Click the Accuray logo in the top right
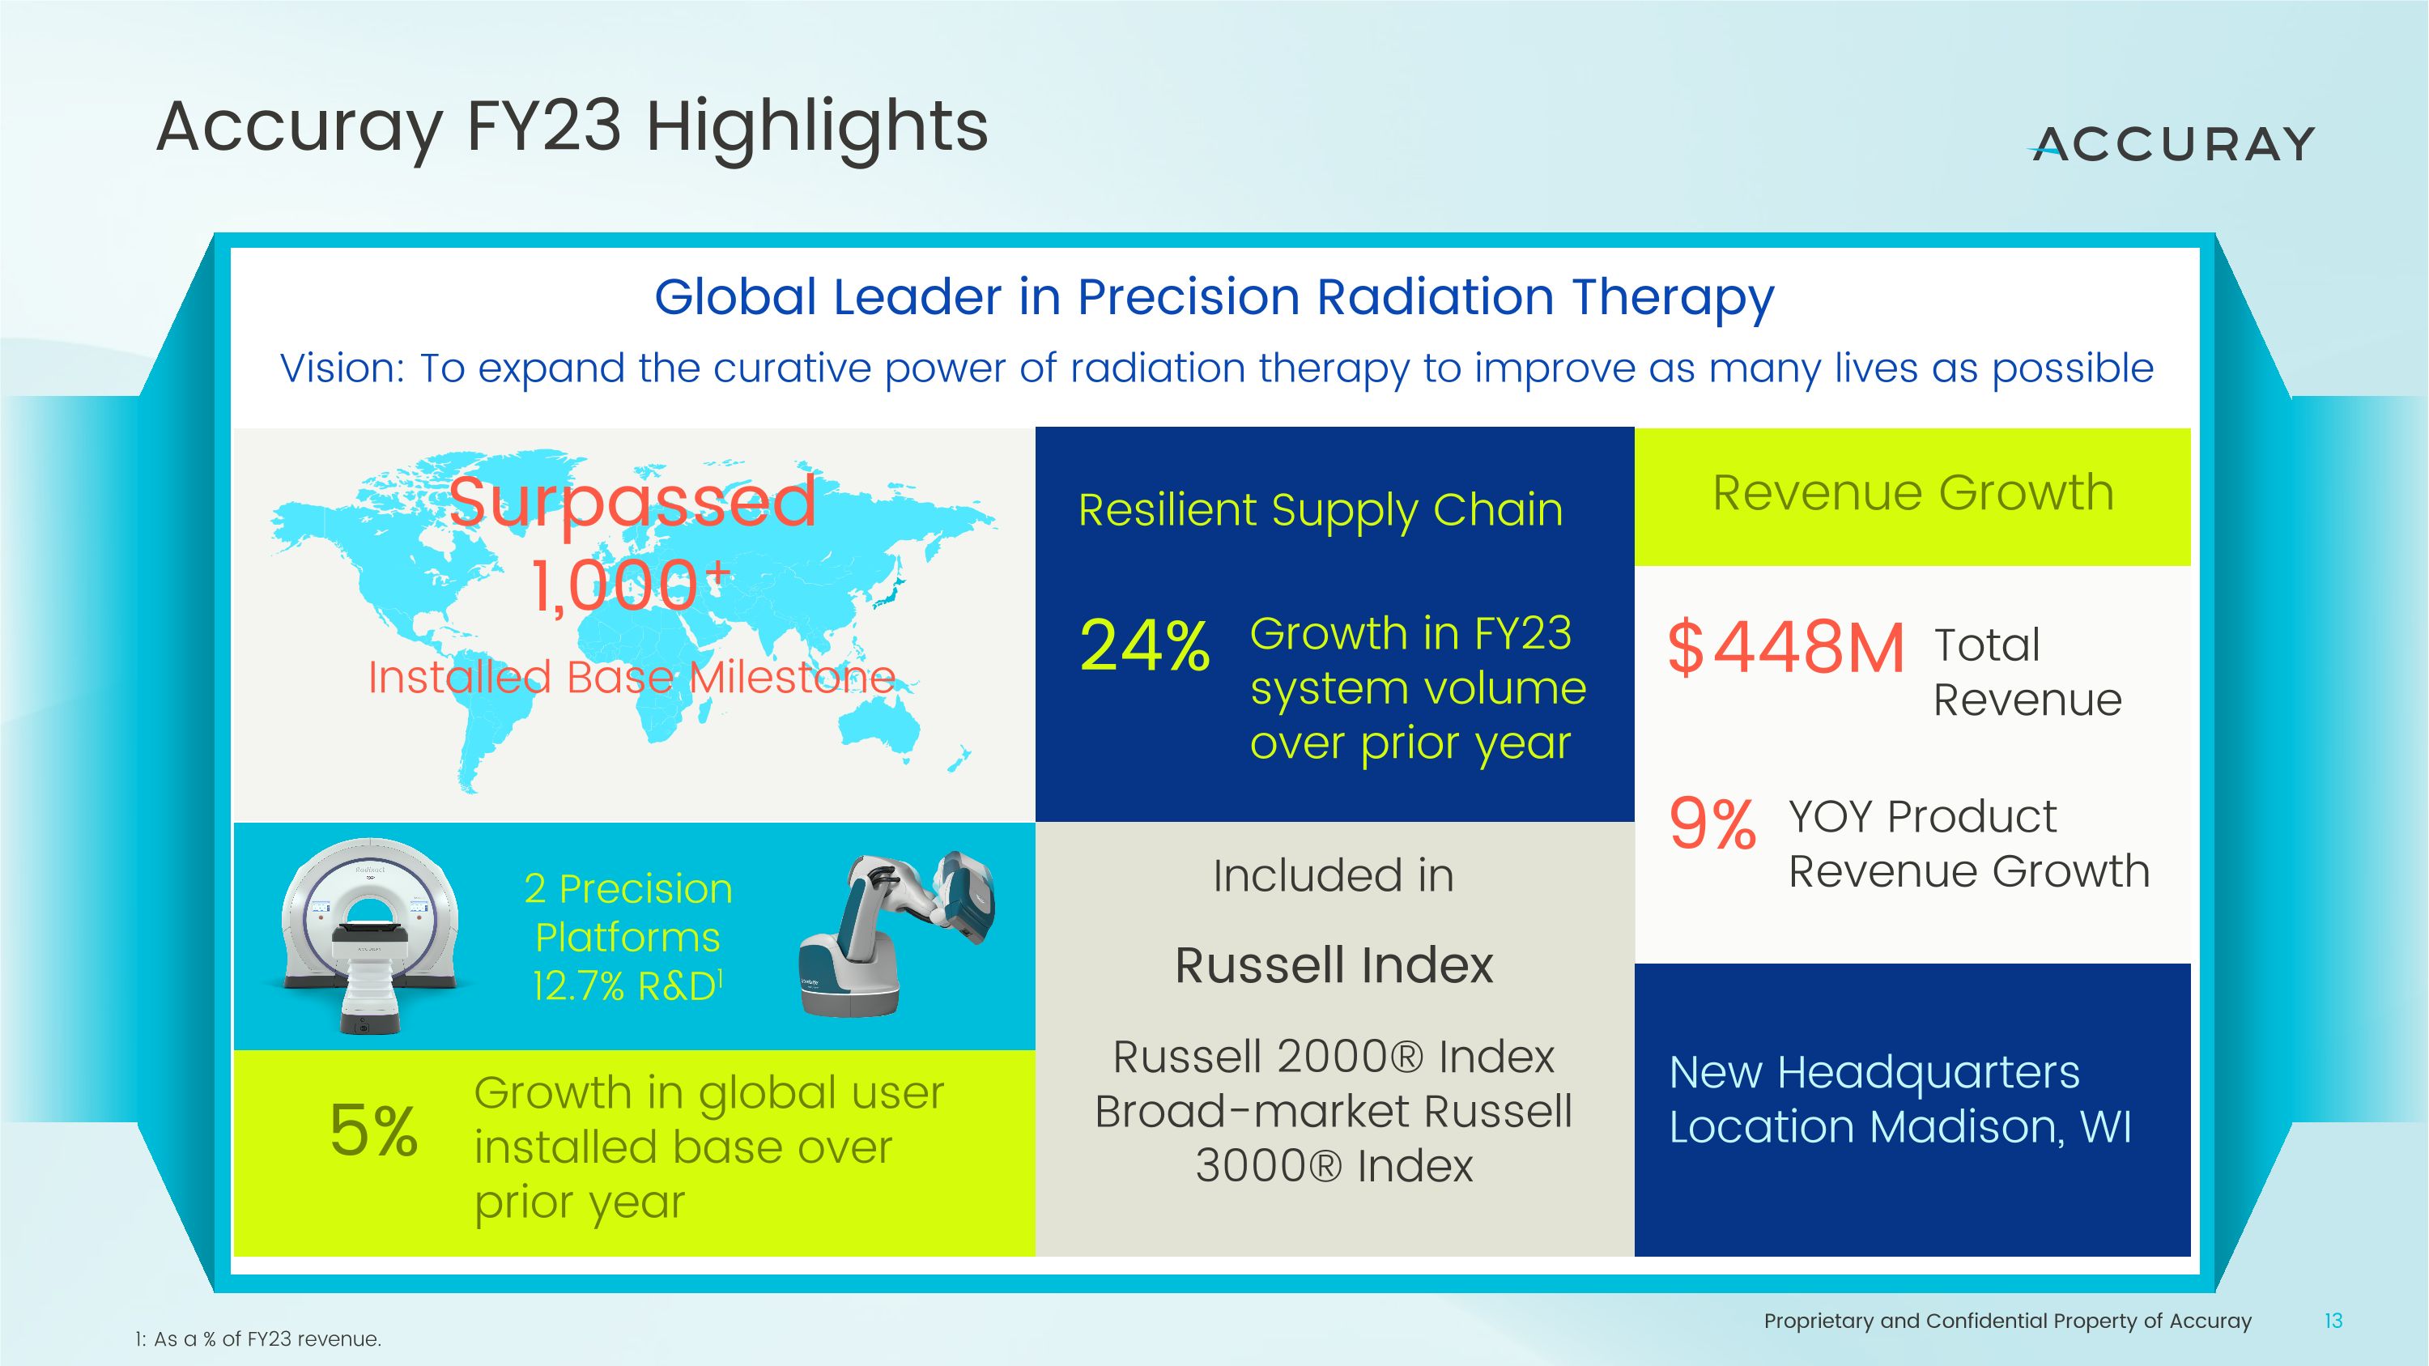2172,144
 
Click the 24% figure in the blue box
1144,647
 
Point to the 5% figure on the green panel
373,1130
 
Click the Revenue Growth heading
1912,493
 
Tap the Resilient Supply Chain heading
1320,510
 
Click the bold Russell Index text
1334,965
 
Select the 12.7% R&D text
626,986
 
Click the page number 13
2333,1321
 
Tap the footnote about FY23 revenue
257,1338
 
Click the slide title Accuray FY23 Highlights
572,127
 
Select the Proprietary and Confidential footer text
2006,1321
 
